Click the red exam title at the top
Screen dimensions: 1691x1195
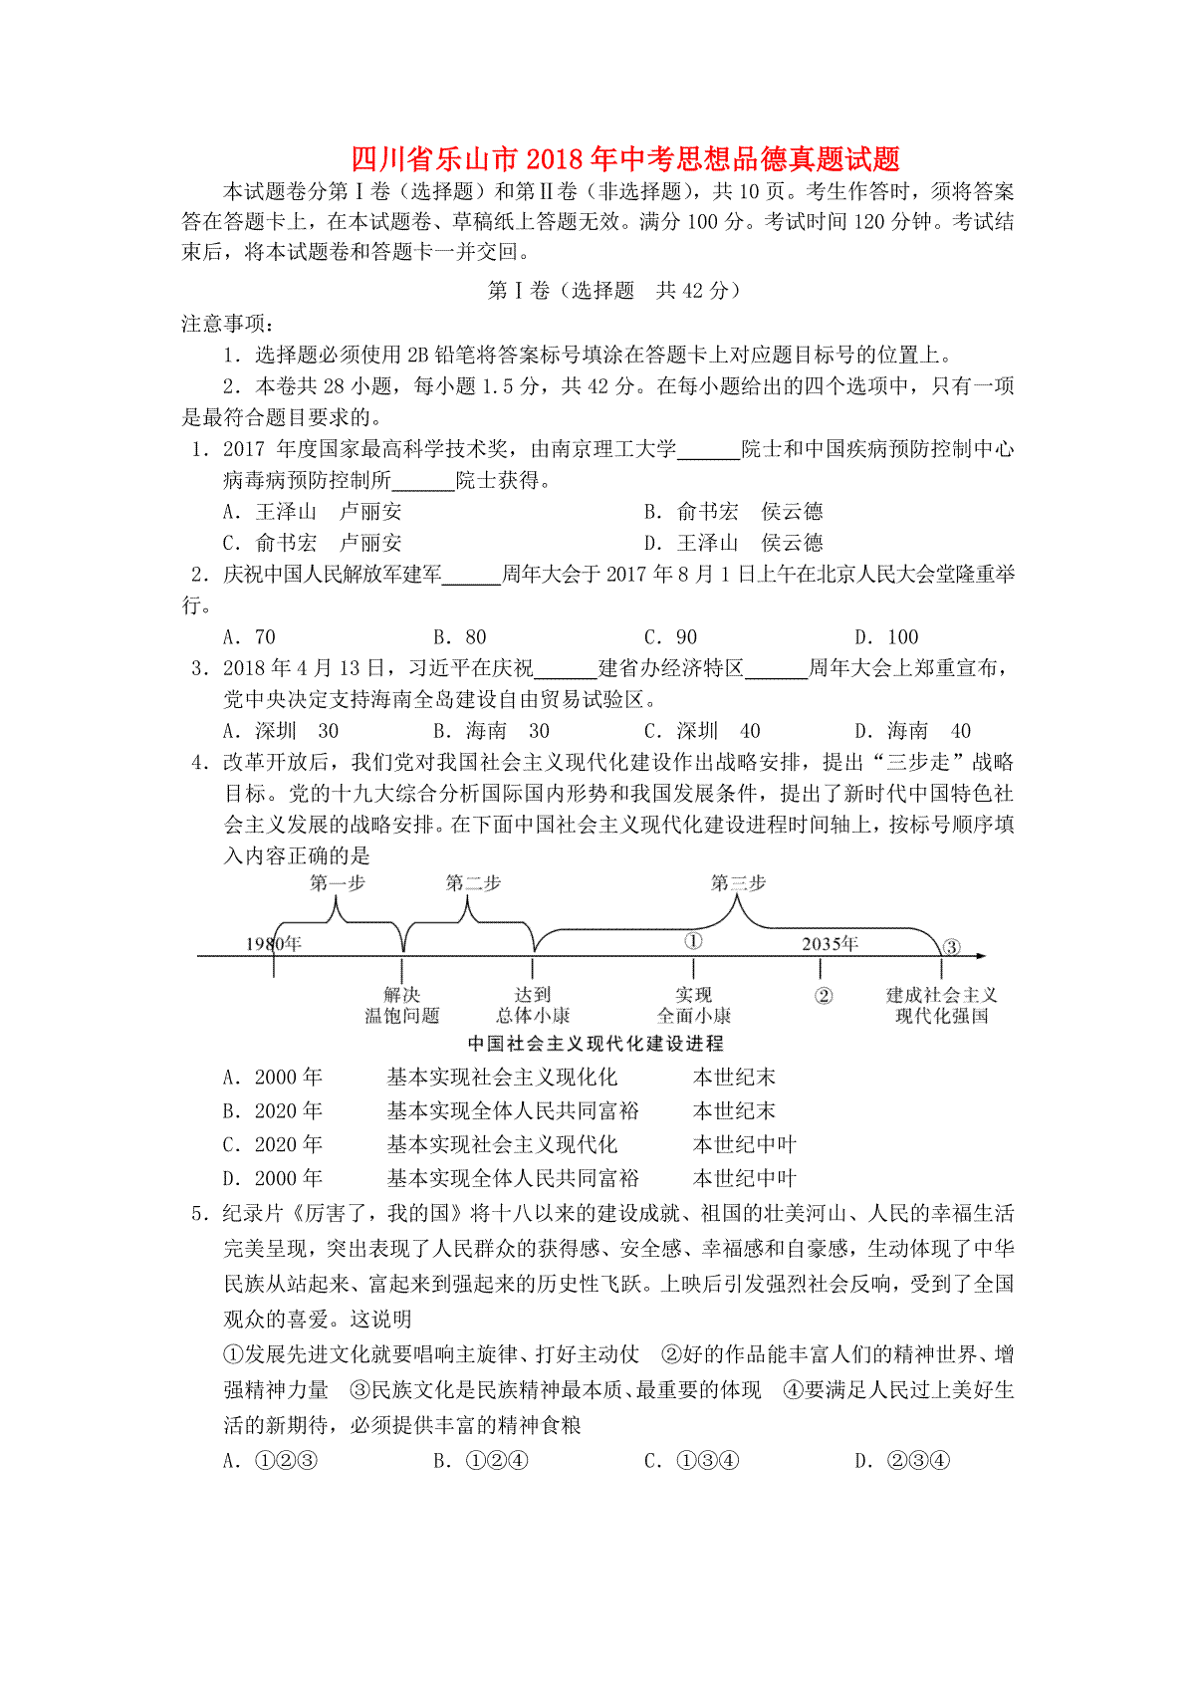(x=625, y=158)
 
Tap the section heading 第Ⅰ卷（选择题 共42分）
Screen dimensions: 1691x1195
(x=613, y=291)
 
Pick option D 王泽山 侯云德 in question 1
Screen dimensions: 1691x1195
(x=734, y=543)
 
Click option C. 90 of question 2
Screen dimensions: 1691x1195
(x=670, y=637)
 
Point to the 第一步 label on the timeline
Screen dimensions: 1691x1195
(x=338, y=883)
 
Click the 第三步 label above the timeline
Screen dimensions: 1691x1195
(x=738, y=883)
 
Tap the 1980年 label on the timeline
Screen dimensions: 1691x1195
(x=274, y=943)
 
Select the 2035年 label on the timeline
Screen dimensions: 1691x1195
(x=830, y=943)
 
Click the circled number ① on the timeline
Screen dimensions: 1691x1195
(x=693, y=941)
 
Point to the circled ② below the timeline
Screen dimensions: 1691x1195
(x=824, y=996)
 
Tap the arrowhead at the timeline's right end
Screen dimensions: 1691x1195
(x=981, y=956)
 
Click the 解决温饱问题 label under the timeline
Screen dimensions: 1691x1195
(x=402, y=1005)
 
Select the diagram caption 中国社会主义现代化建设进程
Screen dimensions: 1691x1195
(x=596, y=1044)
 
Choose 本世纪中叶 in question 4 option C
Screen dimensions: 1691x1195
(x=745, y=1145)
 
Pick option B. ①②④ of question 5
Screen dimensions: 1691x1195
(x=481, y=1461)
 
